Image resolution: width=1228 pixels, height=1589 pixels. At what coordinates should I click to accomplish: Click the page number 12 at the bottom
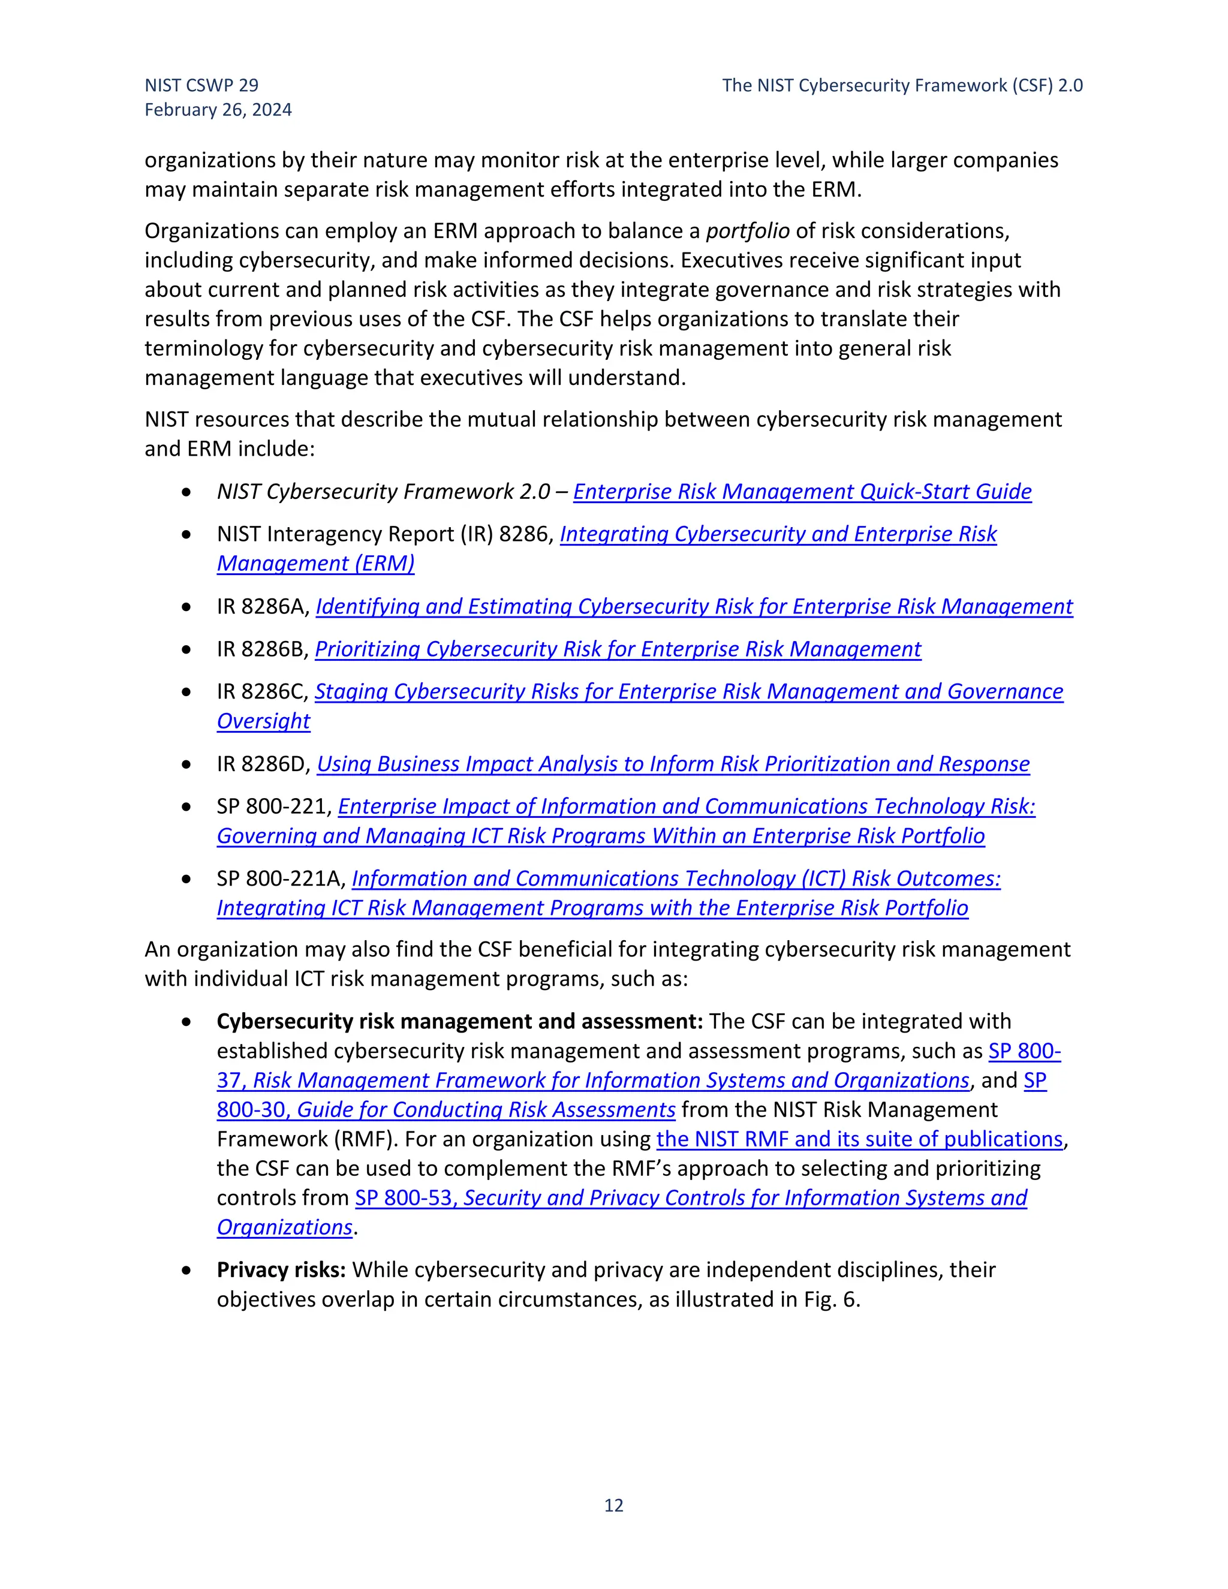pos(613,1504)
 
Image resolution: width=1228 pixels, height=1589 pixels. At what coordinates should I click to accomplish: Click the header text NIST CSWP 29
pos(201,85)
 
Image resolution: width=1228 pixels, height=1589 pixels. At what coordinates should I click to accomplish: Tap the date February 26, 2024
pos(218,110)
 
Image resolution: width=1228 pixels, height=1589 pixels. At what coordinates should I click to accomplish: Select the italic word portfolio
pos(747,231)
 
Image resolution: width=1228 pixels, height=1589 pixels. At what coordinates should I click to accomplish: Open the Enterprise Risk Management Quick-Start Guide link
pos(802,492)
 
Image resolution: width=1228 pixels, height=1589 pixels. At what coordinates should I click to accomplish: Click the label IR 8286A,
pos(263,607)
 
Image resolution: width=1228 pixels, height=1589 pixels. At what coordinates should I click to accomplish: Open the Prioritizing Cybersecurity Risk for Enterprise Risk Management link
pos(618,649)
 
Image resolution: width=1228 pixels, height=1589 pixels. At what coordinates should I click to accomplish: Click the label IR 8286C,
pos(263,692)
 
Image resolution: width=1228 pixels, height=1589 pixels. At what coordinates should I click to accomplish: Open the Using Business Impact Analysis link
pos(673,764)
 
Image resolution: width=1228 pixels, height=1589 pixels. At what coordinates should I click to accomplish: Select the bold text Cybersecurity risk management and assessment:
pos(459,1022)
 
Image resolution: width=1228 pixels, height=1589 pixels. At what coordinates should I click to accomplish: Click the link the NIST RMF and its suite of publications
pos(859,1139)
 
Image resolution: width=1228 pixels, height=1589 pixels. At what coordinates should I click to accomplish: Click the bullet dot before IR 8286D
pos(187,765)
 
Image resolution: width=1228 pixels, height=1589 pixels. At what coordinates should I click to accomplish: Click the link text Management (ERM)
pos(316,564)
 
